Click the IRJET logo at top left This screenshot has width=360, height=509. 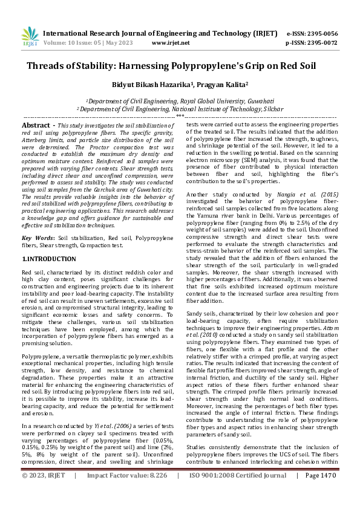pos(30,37)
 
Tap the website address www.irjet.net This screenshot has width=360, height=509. pos(171,43)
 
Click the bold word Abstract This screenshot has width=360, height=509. pos(36,124)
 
